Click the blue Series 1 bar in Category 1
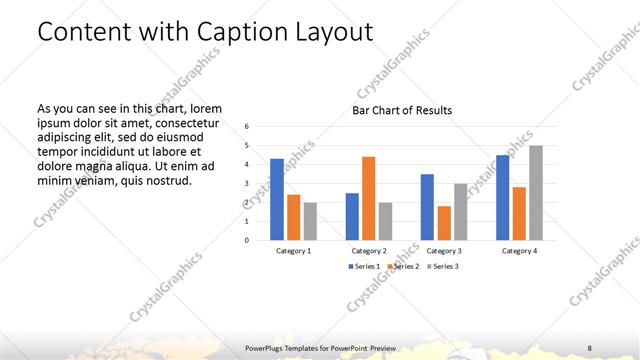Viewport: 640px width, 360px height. point(277,199)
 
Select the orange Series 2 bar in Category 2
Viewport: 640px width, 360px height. point(368,198)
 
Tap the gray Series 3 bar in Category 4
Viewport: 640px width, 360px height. point(536,193)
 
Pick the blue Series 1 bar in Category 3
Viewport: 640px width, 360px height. point(427,207)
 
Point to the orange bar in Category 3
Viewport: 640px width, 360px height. point(443,223)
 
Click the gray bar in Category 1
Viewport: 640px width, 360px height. point(310,221)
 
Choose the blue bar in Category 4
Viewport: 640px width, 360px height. point(503,197)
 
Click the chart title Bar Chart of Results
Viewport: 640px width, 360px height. point(402,110)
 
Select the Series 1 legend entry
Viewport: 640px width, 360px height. point(364,267)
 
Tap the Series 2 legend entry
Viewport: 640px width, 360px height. point(403,267)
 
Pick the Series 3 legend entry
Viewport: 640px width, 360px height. point(443,267)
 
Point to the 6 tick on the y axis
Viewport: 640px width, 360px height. point(247,127)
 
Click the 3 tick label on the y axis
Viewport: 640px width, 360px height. point(247,184)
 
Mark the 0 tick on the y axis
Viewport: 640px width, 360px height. point(247,240)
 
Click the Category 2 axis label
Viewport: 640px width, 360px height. point(369,250)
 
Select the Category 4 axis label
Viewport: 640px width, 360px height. point(520,250)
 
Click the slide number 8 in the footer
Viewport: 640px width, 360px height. point(590,347)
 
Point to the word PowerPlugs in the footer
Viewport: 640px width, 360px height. point(267,347)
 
